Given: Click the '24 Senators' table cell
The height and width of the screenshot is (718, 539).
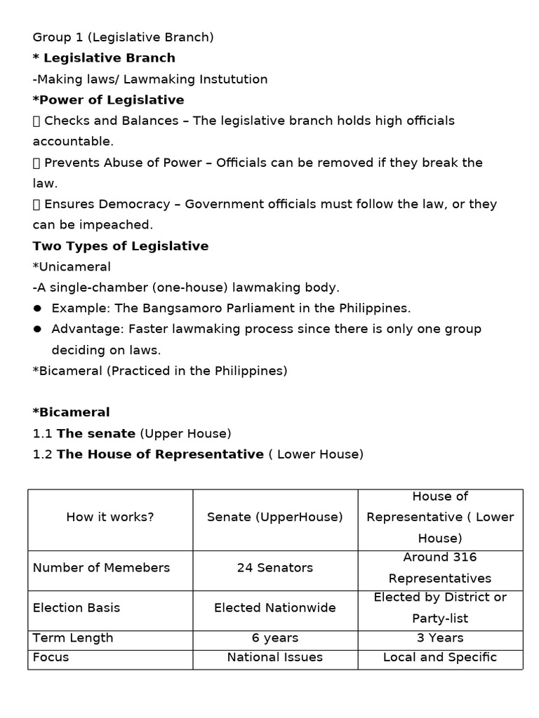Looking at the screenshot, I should (275, 568).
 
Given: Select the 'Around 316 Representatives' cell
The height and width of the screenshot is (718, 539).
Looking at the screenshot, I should (440, 568).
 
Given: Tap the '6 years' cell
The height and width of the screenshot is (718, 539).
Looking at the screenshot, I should (275, 638).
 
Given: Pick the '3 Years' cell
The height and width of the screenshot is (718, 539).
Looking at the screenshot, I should (440, 638).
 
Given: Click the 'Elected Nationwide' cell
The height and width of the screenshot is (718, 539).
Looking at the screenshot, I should (275, 608).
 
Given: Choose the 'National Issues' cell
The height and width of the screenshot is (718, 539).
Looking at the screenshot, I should (275, 658).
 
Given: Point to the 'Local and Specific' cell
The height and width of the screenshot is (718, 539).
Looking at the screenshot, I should (440, 658).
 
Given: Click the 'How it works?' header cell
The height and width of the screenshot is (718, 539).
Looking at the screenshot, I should (110, 517).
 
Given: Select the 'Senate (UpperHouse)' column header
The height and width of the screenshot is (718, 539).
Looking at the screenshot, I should (275, 517).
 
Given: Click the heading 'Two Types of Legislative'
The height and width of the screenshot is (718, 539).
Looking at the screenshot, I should (121, 246).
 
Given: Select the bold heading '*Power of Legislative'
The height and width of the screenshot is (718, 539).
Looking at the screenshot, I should (109, 100).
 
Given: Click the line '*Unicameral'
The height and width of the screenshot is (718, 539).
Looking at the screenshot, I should (72, 267).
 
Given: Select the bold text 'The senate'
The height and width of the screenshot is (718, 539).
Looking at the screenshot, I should (97, 434).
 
